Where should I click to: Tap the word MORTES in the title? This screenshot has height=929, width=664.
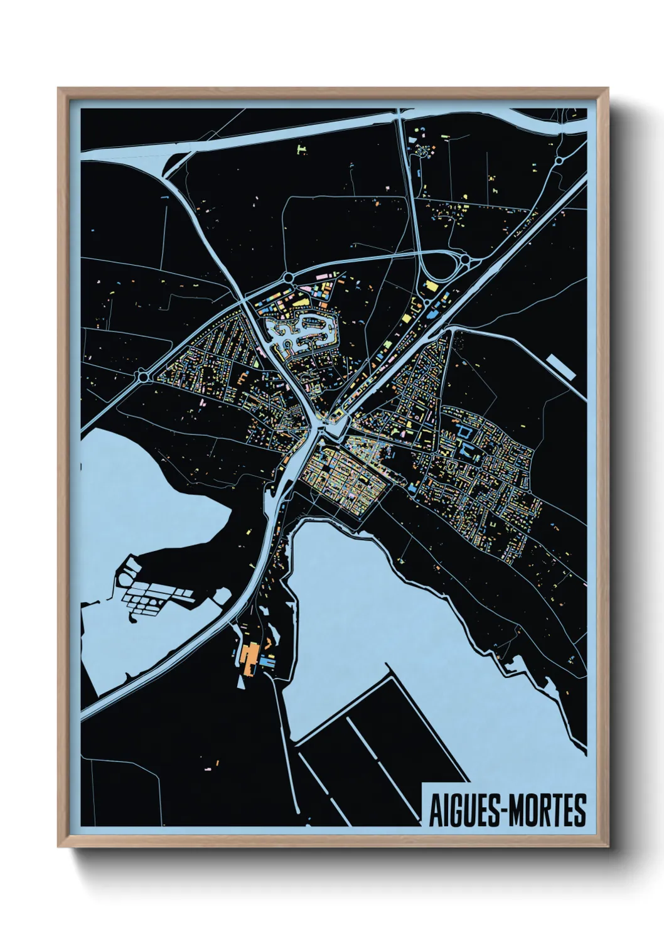(547, 810)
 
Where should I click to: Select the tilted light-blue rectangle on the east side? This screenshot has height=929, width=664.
(561, 366)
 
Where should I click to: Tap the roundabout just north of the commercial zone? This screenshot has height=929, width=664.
(288, 277)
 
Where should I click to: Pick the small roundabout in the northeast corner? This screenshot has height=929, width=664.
(558, 161)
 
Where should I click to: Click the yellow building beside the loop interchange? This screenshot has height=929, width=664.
(431, 286)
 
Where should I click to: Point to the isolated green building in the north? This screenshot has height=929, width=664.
(302, 149)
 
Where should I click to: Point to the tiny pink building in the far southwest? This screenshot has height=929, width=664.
(209, 768)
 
